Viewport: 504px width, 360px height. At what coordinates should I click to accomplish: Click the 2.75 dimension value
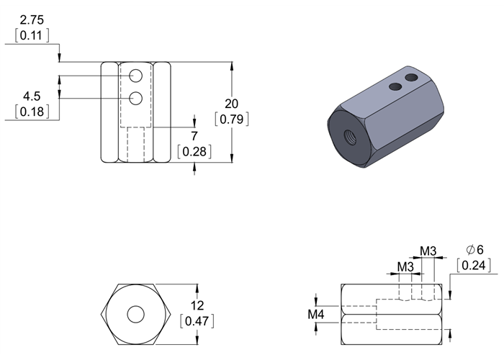pos(32,20)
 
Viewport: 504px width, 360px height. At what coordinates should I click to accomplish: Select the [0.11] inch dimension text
pos(32,35)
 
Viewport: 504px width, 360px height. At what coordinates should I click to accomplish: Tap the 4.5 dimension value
pos(32,96)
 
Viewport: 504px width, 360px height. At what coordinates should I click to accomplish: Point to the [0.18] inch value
pos(32,112)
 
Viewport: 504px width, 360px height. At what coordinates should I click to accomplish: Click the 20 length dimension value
pos(231,104)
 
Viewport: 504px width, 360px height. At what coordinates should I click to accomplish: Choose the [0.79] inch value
pos(231,120)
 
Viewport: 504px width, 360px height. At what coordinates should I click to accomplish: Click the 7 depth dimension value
pos(194,136)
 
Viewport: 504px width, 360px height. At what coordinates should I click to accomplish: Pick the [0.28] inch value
pos(194,152)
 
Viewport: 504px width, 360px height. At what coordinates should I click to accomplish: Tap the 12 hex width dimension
pos(197,305)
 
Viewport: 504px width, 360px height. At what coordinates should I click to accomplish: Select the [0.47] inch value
pos(197,321)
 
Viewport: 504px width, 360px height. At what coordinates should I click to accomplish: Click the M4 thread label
pos(316,315)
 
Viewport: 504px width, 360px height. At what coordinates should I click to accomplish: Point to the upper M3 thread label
pos(428,251)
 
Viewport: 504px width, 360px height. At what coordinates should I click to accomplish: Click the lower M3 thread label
pos(405,267)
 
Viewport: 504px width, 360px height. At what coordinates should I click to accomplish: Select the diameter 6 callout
pos(474,249)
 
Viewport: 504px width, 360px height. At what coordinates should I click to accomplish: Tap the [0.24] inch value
pos(474,265)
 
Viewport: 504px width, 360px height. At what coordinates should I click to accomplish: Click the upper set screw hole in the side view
pos(135,76)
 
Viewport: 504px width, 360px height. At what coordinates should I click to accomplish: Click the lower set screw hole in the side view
pos(135,98)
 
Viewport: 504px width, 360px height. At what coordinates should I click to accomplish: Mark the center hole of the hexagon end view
pos(135,314)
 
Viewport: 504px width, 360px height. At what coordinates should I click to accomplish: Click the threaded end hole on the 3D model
pos(350,138)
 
